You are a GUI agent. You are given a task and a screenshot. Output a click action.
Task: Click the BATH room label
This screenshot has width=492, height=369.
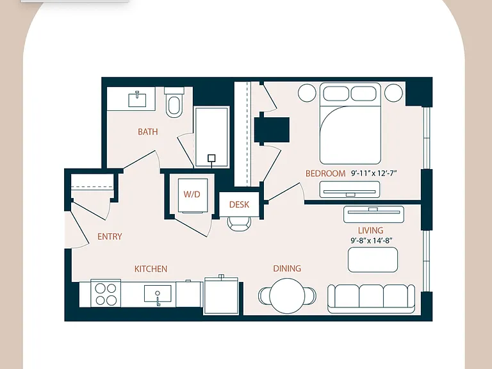(x=148, y=131)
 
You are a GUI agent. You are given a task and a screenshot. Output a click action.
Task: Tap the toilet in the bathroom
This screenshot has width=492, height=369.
(x=174, y=102)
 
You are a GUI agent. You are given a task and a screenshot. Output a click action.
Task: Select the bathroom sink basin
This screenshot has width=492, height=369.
(x=137, y=99)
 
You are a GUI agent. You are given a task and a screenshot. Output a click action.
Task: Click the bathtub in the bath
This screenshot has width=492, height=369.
(x=212, y=137)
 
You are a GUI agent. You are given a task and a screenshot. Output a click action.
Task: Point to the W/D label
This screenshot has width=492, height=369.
(x=192, y=194)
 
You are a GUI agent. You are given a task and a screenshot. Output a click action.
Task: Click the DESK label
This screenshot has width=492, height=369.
(x=239, y=204)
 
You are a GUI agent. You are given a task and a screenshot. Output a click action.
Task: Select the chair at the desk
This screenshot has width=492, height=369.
(x=239, y=223)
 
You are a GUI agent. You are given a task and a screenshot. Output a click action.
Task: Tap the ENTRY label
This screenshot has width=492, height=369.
(x=110, y=236)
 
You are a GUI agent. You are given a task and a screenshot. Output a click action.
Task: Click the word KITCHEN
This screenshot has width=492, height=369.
(x=151, y=269)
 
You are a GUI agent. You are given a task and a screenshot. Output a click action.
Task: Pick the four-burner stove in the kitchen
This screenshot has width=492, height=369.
(x=106, y=294)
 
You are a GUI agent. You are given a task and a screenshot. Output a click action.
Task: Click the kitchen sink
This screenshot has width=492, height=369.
(x=158, y=293)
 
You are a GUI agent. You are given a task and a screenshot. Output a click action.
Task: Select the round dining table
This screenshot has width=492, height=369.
(x=287, y=296)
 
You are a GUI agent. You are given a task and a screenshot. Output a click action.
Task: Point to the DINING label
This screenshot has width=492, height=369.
(x=287, y=268)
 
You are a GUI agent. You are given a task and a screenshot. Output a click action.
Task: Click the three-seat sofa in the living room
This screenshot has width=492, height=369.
(x=371, y=299)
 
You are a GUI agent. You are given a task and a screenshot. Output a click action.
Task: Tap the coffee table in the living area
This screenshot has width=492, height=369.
(x=373, y=260)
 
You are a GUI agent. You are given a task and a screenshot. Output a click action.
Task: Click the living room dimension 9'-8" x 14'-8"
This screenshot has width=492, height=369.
(x=372, y=241)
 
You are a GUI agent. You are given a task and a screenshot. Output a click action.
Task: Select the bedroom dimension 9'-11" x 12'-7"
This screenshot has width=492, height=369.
(x=374, y=173)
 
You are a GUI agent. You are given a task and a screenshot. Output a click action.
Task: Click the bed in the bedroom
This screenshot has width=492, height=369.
(x=350, y=123)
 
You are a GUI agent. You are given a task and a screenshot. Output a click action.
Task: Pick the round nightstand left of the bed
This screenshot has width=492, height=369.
(x=307, y=93)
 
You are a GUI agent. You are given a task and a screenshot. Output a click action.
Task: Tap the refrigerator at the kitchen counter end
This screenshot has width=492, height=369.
(x=221, y=295)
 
